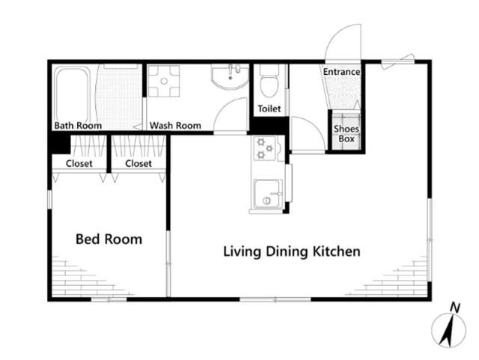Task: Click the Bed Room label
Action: tap(109, 239)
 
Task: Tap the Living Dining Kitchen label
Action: tap(292, 251)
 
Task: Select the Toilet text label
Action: tap(269, 109)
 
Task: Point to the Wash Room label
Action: tap(175, 125)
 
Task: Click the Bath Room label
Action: tap(78, 125)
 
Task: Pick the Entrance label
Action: tap(341, 72)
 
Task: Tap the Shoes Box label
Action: tap(346, 133)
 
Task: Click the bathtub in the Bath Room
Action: tap(73, 95)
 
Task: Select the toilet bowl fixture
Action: tap(269, 81)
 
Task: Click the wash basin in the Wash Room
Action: tap(230, 76)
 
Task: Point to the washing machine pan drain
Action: tap(164, 81)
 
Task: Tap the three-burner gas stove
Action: tap(264, 148)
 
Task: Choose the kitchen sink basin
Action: tap(267, 194)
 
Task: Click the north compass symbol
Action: tap(448, 330)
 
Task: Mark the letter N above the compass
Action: tap(455, 308)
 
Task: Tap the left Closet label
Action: tap(79, 163)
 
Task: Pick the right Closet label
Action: tap(138, 163)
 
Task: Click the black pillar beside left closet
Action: tap(61, 144)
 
